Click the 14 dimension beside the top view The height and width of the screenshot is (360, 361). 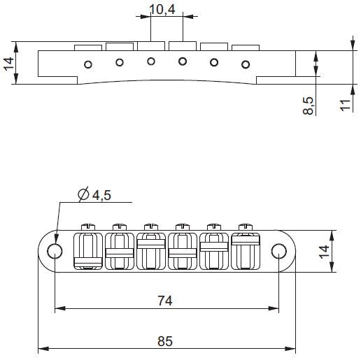click(344, 251)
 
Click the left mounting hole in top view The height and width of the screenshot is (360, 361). click(54, 252)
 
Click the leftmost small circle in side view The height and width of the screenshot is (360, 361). click(88, 65)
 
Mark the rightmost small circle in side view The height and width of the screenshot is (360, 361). click(246, 65)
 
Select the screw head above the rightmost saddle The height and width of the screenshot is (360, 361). click(245, 226)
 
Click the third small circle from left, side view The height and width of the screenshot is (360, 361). click(151, 62)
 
